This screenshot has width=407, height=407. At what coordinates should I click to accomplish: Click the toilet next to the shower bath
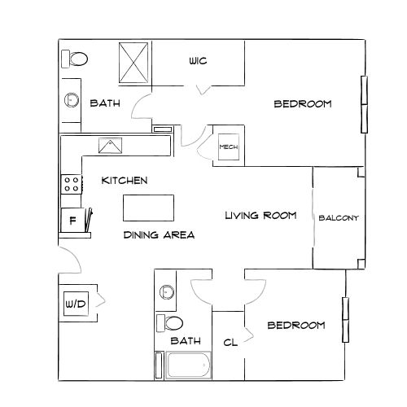(77, 59)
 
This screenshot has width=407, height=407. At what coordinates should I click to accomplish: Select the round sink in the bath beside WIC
(72, 100)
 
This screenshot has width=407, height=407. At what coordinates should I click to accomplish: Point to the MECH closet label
(227, 147)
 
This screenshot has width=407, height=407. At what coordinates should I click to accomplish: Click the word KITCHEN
(125, 180)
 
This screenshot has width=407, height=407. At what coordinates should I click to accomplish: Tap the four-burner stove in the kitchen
(72, 185)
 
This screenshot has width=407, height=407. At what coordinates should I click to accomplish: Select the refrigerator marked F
(72, 220)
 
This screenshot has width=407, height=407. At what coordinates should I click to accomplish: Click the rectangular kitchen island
(149, 208)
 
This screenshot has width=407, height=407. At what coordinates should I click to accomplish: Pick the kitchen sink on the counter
(110, 146)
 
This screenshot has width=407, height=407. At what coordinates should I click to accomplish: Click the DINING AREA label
(159, 235)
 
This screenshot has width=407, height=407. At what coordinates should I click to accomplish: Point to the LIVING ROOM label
(260, 216)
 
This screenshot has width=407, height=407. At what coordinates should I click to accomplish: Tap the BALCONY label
(339, 217)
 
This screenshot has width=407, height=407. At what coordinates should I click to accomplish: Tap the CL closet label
(230, 343)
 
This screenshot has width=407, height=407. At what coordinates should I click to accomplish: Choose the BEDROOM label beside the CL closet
(296, 325)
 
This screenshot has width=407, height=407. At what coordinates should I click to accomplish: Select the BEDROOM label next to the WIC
(302, 103)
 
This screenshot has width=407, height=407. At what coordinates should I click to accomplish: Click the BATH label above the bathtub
(186, 340)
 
